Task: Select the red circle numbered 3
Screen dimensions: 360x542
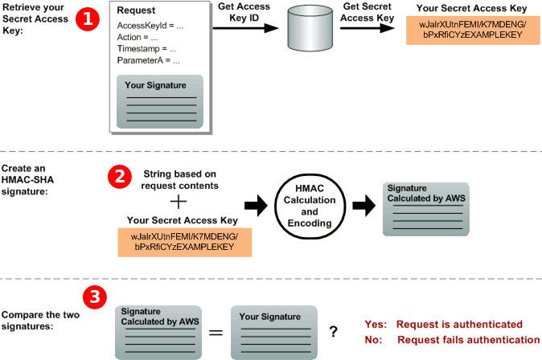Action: point(95,297)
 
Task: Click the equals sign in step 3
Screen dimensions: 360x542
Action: point(216,330)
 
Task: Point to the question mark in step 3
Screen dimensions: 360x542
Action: point(333,330)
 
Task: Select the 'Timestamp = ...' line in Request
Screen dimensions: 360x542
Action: point(146,48)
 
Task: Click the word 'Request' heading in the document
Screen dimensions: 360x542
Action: point(137,10)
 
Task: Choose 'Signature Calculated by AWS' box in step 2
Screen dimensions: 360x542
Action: point(425,206)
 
